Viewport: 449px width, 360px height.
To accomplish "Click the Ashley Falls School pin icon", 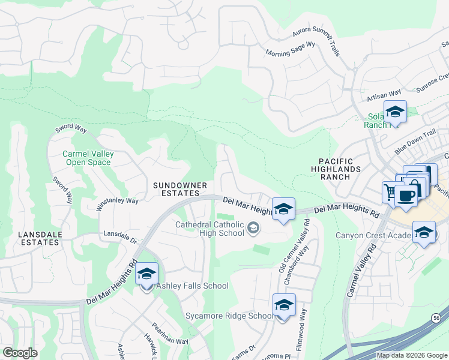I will coord(146,275).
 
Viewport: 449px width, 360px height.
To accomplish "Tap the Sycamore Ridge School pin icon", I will coord(284,306).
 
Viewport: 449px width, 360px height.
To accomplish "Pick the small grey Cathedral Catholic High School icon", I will coord(253,226).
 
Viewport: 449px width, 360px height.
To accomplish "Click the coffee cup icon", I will coord(406,196).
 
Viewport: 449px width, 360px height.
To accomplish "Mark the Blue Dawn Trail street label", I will coord(415,143).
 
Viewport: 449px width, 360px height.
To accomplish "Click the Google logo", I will coord(20,353).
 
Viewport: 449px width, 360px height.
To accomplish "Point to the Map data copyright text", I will coord(412,355).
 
